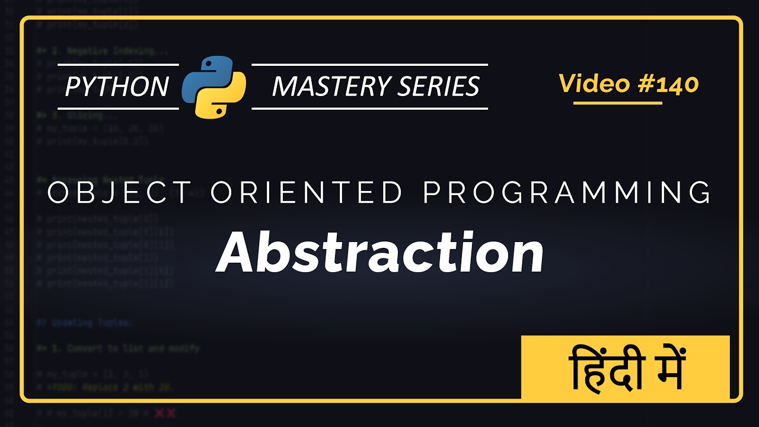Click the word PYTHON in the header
point(117,87)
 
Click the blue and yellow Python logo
point(214,86)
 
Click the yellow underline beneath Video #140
point(617,103)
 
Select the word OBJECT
point(119,193)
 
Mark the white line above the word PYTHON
point(118,64)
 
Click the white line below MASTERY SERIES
point(369,109)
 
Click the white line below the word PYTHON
point(118,109)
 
